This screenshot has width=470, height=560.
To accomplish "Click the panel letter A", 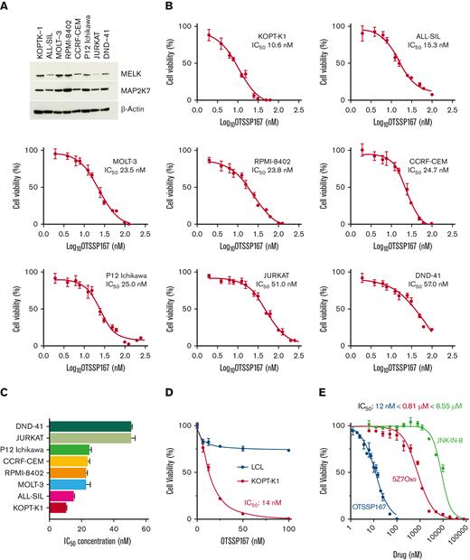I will pos(7,7).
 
